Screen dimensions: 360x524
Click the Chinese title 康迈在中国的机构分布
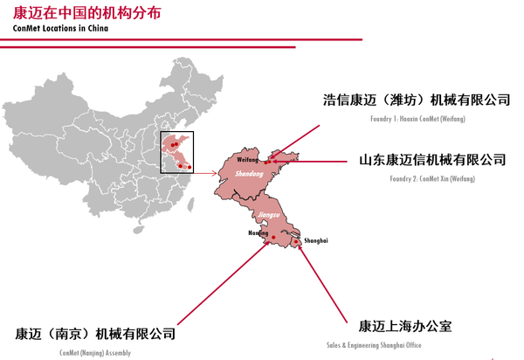click(79, 12)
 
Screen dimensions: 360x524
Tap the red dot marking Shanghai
click(296, 241)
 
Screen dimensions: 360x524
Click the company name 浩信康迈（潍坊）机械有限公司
click(417, 100)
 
